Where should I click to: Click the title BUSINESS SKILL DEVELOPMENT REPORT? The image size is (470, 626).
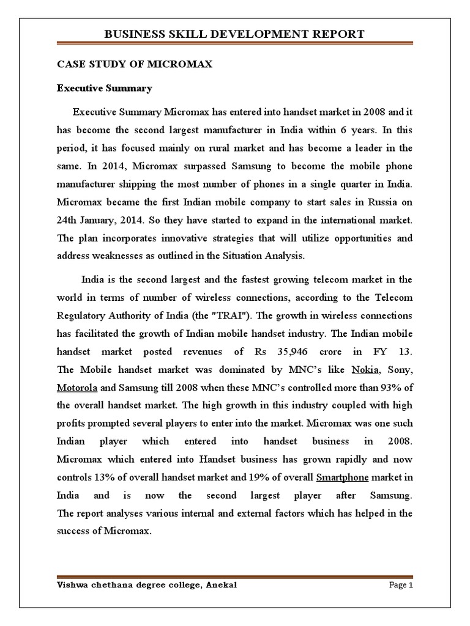pos(235,34)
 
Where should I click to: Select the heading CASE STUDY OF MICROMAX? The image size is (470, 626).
pos(135,64)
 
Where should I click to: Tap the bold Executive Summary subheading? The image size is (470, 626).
pos(104,89)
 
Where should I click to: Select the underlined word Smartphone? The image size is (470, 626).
pos(345,477)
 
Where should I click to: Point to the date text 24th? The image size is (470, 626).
pos(69,219)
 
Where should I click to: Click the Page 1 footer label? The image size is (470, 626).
pos(401,585)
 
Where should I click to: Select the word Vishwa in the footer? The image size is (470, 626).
pos(72,585)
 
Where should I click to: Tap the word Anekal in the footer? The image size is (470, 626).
pos(220,585)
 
